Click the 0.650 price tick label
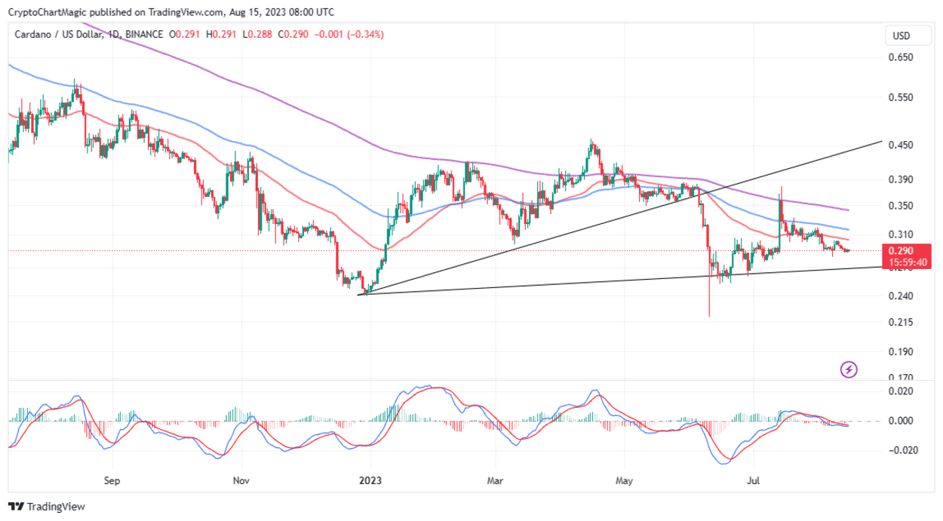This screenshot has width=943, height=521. [902, 57]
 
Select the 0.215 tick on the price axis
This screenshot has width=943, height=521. [902, 323]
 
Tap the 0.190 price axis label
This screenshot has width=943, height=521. [902, 351]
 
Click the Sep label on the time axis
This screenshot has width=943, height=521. [112, 480]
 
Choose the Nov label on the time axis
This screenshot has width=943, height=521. [241, 480]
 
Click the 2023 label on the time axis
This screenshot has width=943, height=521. [370, 480]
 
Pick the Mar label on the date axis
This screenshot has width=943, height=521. [495, 480]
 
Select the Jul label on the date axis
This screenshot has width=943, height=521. [752, 480]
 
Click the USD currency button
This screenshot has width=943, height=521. [902, 35]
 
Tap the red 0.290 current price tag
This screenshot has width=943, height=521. [902, 251]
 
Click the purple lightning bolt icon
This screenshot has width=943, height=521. [849, 369]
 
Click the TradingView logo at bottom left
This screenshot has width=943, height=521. [47, 507]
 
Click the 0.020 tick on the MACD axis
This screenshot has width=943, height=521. [902, 391]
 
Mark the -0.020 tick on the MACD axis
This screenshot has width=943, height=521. [900, 450]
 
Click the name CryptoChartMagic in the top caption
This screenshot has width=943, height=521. [46, 12]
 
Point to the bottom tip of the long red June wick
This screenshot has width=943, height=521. [709, 317]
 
